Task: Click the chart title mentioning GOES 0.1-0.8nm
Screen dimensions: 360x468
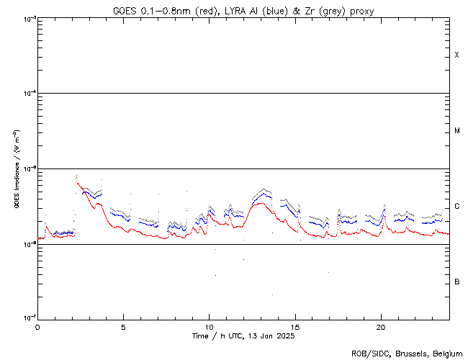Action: click(243, 10)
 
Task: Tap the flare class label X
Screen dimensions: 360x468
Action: click(456, 55)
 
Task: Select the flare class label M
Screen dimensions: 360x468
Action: click(456, 131)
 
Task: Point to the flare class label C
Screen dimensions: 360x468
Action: click(456, 207)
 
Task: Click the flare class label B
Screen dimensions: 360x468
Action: click(456, 282)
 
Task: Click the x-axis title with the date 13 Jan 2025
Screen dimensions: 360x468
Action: click(243, 336)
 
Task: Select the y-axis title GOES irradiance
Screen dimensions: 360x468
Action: click(16, 169)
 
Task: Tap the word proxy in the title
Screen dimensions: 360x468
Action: click(360, 10)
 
